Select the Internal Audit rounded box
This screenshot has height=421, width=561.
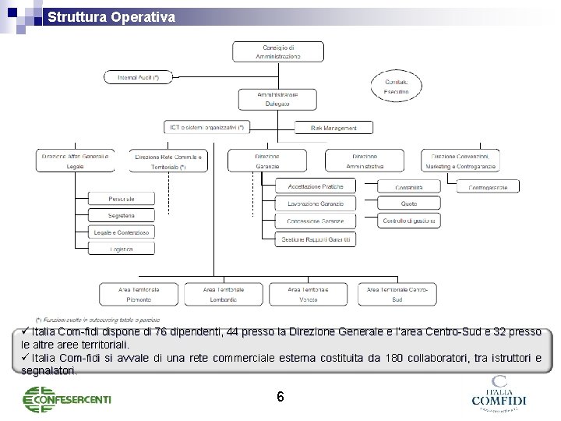137,77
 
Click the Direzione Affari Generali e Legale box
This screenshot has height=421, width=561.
75,161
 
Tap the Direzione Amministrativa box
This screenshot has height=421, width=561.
365,161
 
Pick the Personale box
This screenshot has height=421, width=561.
121,199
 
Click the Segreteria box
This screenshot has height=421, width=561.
121,215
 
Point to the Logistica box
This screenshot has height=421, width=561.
121,248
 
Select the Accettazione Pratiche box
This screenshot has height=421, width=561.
315,186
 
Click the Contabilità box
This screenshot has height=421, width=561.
408,187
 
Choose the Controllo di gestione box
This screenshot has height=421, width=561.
408,221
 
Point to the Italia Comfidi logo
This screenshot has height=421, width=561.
499,394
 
